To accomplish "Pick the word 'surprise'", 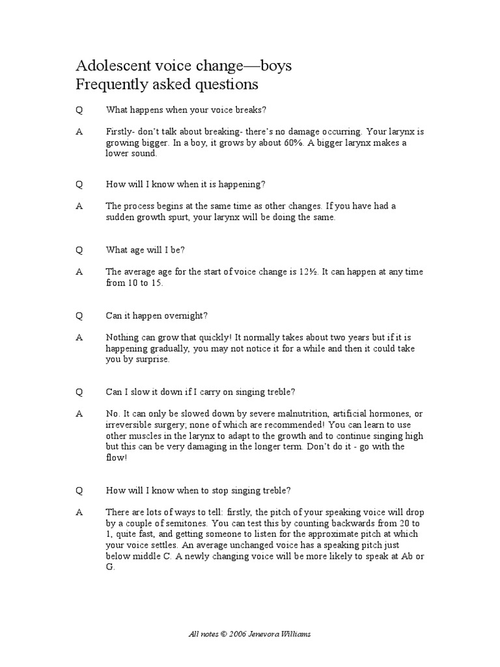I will click(x=151, y=359).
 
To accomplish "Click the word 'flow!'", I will click(x=117, y=457).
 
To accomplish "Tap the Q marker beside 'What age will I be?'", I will click(x=79, y=250).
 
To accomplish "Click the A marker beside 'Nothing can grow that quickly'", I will click(x=79, y=337).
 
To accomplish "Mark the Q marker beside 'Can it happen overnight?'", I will click(x=79, y=315).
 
